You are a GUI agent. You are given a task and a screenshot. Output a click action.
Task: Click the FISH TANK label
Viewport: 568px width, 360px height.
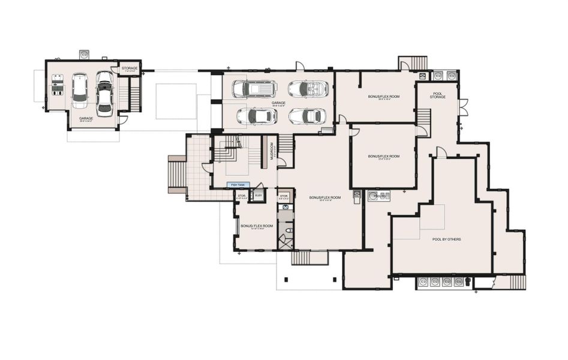pos(238,185)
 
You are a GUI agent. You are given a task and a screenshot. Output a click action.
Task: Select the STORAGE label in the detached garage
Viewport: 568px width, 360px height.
pos(130,68)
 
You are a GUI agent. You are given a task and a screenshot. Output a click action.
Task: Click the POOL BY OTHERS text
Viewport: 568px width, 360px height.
pos(446,239)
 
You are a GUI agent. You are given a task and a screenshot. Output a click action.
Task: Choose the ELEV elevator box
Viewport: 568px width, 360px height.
pos(259,196)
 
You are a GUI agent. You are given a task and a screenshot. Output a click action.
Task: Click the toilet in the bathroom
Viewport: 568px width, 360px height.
pos(288,229)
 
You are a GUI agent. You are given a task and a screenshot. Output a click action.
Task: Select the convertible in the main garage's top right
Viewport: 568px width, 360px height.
pos(306,89)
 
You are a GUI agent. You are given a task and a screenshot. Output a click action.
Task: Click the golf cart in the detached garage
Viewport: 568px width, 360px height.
pos(58,85)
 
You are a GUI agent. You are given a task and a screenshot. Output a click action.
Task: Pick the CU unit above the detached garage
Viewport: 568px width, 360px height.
pos(84,54)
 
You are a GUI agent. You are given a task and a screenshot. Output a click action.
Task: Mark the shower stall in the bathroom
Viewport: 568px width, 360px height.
pos(285,242)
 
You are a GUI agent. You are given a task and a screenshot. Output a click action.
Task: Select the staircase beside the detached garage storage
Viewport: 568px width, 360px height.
pos(135,94)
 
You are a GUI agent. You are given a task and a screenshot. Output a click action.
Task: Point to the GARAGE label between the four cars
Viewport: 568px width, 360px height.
pos(278,103)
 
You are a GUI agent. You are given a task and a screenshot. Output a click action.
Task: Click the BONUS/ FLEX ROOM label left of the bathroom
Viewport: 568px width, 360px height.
pos(257,226)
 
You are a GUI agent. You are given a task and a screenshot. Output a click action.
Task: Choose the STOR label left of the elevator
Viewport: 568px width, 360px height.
pos(241,196)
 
